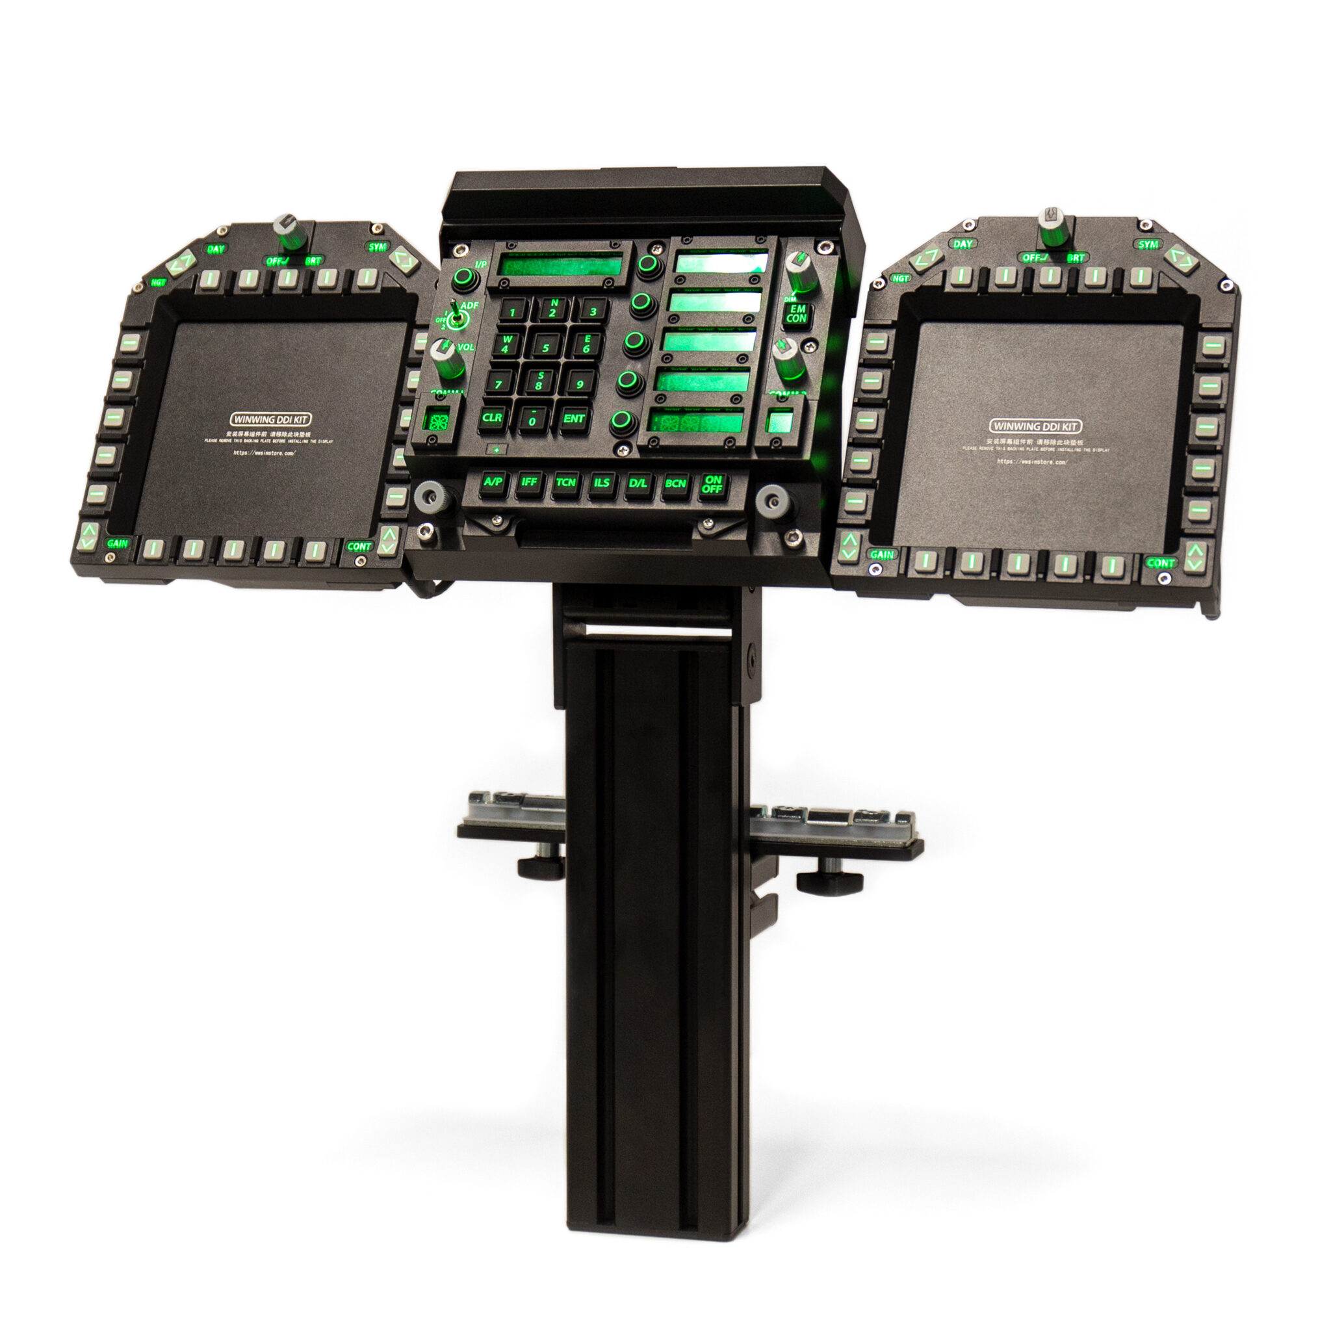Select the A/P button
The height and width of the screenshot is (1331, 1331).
pos(493,482)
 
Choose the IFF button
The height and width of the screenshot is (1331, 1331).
pos(529,482)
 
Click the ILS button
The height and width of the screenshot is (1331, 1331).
pos(601,483)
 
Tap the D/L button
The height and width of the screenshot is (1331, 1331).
pos(638,484)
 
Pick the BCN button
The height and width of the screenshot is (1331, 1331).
pos(675,484)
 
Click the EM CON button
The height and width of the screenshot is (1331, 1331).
pos(796,314)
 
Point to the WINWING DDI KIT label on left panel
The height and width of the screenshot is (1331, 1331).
pos(270,419)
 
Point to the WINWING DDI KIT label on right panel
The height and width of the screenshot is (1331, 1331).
pos(1034,426)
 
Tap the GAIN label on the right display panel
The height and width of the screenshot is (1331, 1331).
pos(882,554)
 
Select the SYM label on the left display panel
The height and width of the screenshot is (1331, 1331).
pos(378,246)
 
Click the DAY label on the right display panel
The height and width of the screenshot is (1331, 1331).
pos(963,244)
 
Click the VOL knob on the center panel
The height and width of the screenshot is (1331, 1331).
pos(446,358)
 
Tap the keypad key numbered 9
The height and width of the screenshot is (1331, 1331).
pos(579,383)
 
